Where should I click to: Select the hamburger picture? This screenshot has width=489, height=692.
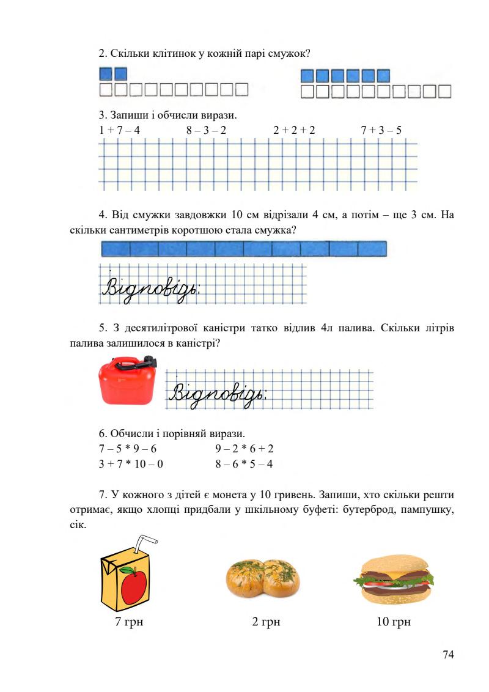pos(394,580)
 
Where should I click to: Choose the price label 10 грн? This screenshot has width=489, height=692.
pos(394,622)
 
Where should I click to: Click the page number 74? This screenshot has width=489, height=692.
pos(448,655)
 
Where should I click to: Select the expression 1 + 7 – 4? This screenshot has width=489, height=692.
pos(119,130)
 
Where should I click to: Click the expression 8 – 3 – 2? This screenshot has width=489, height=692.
pos(207,130)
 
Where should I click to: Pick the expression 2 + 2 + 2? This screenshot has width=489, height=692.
pos(295,130)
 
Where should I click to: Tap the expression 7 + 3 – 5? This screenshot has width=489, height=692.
pos(381,130)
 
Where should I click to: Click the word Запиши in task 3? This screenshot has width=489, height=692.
pos(126,115)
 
